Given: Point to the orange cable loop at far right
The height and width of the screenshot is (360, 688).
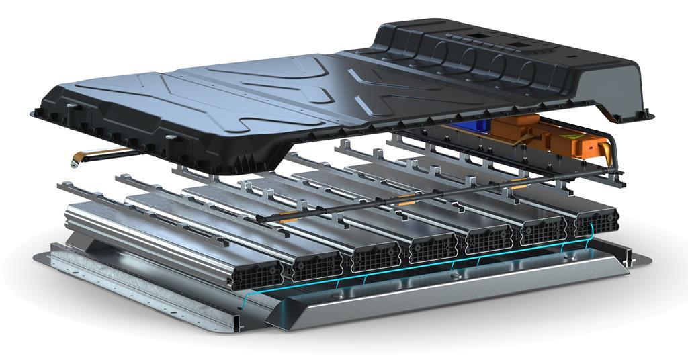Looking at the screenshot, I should click(609, 149).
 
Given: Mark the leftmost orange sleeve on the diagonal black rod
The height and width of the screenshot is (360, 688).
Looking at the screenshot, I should click(289, 217).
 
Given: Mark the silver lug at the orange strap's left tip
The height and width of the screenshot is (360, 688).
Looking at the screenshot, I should click(73, 162).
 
